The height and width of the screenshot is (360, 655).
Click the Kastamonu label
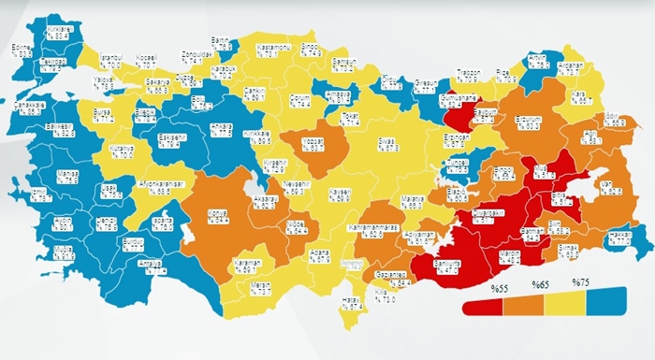(x=276, y=48)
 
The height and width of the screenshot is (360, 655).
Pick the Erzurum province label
(x=529, y=122)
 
